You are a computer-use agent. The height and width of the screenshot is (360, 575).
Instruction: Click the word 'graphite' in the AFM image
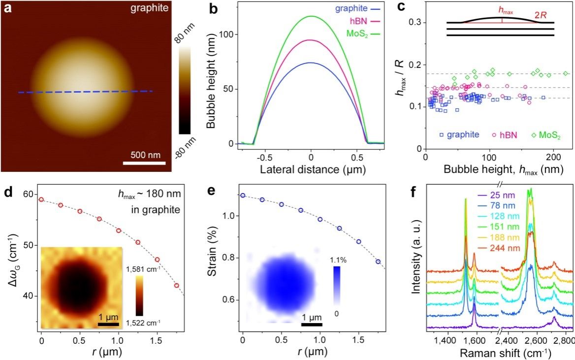[151, 8]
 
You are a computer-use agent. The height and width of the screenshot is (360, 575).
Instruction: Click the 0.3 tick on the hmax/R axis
[415, 22]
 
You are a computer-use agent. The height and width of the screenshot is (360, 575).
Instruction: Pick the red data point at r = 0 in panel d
[41, 199]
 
